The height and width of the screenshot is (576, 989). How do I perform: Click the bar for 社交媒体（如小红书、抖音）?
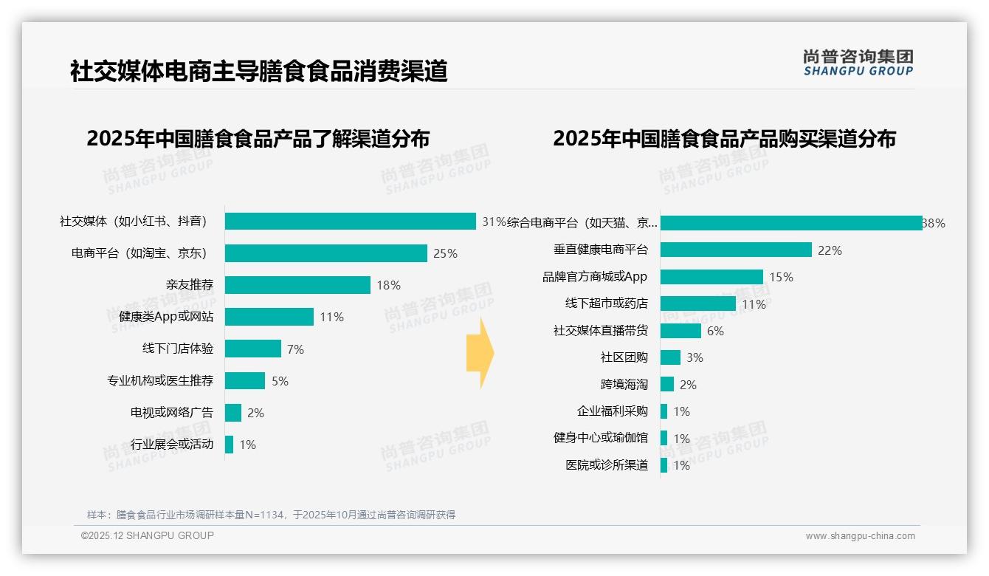pos(350,222)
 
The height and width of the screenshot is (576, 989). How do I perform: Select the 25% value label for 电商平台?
pos(445,253)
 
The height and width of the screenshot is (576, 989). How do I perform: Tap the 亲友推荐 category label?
pos(189,285)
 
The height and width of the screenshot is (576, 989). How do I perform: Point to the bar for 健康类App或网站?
pos(269,317)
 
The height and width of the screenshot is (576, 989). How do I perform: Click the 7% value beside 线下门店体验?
pos(295,349)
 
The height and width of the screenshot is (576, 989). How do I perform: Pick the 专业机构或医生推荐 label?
pos(160,381)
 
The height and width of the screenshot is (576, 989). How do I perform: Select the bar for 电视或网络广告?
pos(233,413)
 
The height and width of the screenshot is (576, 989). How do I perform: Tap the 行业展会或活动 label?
pos(171,445)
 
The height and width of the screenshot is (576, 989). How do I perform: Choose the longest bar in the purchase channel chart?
pos(790,223)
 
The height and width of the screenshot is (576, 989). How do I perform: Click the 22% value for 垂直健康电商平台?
pos(830,250)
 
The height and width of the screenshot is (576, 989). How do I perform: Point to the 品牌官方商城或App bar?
pos(711,277)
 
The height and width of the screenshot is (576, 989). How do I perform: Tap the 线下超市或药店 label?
pos(606,304)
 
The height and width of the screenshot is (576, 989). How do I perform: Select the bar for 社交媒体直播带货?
pos(680,331)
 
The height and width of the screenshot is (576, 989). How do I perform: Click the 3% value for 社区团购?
pos(695,357)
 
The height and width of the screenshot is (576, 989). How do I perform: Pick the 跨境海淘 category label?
pos(624,385)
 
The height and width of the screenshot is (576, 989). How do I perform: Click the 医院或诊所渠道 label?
pos(606,465)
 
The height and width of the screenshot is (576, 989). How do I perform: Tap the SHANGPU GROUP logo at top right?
pos(858,63)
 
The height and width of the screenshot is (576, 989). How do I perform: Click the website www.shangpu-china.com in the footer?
pos(860,536)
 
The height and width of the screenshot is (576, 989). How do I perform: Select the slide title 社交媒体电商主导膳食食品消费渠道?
pos(258,72)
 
